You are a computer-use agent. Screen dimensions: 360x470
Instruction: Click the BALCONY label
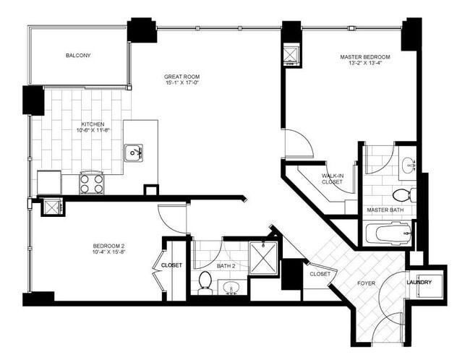click(x=78, y=56)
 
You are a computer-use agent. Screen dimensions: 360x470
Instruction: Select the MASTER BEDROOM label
click(x=365, y=56)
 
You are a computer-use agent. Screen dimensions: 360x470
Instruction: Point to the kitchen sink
click(x=133, y=153)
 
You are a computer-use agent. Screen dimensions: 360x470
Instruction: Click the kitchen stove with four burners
click(x=91, y=182)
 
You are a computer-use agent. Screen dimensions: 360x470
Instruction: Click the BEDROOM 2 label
click(x=110, y=245)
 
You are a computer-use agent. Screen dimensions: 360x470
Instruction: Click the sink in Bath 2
click(x=231, y=290)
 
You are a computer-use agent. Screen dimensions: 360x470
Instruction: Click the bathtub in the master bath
click(x=388, y=233)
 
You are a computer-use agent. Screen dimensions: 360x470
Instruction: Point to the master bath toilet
click(x=402, y=195)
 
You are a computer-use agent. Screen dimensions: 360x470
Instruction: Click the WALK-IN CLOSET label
click(x=332, y=179)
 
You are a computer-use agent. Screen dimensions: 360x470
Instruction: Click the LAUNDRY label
click(x=419, y=282)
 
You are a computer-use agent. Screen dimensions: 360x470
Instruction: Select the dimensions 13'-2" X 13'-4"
click(x=365, y=64)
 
